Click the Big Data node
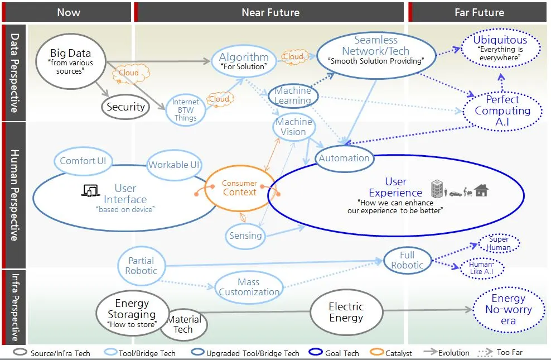(x=70, y=61)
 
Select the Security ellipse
(x=125, y=107)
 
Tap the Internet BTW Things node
(x=185, y=110)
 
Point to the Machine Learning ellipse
(x=293, y=95)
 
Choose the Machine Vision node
(x=293, y=127)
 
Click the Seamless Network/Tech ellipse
(x=375, y=50)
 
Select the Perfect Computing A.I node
(x=502, y=111)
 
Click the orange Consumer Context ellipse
(x=239, y=188)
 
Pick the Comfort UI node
(x=83, y=161)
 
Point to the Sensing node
(x=245, y=235)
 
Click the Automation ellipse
(x=344, y=158)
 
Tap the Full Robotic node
(x=407, y=260)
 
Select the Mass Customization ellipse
(x=249, y=287)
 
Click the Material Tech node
(x=184, y=325)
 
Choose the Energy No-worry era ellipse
(x=508, y=310)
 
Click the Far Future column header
(x=479, y=12)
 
